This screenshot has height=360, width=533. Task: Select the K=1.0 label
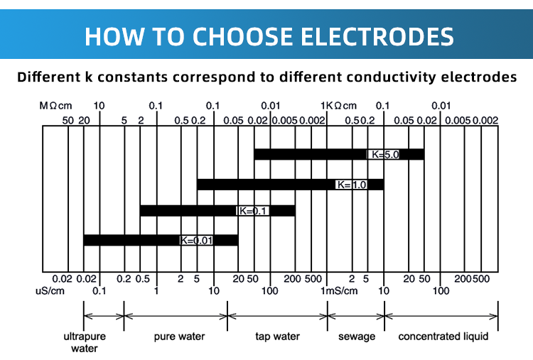click(352, 185)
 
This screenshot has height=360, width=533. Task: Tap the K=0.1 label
click(252, 211)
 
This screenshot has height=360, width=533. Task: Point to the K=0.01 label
click(196, 241)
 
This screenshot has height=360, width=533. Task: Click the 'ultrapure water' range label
click(84, 342)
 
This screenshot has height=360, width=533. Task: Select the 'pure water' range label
click(176, 336)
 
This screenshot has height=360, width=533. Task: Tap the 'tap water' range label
click(277, 336)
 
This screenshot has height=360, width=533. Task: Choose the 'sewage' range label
click(356, 336)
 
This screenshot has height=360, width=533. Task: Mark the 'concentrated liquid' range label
click(443, 336)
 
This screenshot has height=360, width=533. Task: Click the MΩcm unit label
click(57, 106)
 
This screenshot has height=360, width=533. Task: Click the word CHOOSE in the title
click(236, 35)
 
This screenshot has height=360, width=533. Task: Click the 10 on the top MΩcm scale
click(99, 106)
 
